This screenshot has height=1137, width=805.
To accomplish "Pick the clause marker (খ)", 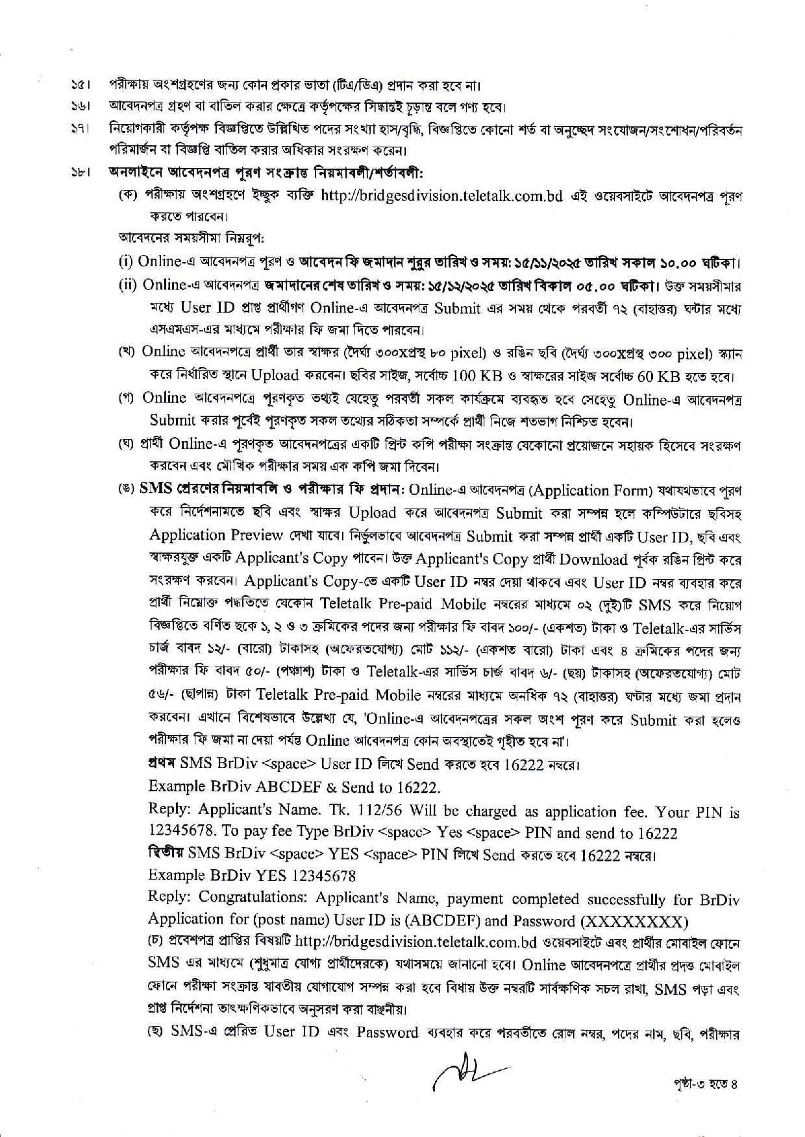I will coord(126,352).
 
